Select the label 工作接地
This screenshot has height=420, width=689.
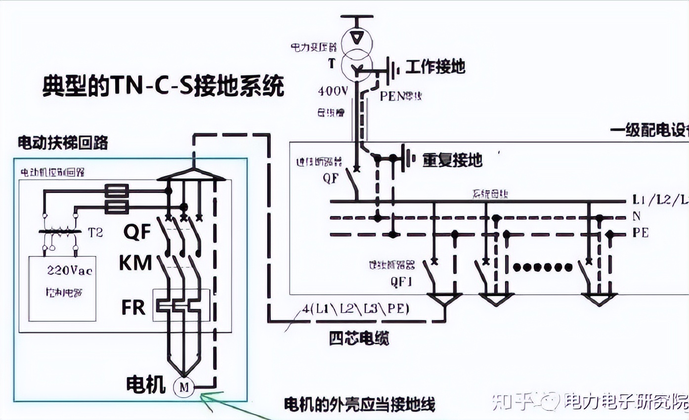tap(435, 67)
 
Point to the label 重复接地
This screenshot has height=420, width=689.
tap(452, 160)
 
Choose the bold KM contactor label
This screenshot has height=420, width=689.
tap(135, 263)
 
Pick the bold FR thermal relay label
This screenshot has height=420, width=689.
tap(133, 307)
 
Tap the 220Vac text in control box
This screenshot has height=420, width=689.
tap(70, 270)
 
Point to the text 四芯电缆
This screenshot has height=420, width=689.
tap(359, 338)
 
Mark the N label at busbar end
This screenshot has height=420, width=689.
tap(637, 216)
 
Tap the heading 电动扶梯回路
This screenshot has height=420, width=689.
tap(63, 143)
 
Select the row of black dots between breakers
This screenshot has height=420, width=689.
tap(542, 268)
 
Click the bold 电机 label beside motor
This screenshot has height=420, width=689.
tap(146, 384)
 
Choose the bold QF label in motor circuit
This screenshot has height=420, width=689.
tap(137, 231)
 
